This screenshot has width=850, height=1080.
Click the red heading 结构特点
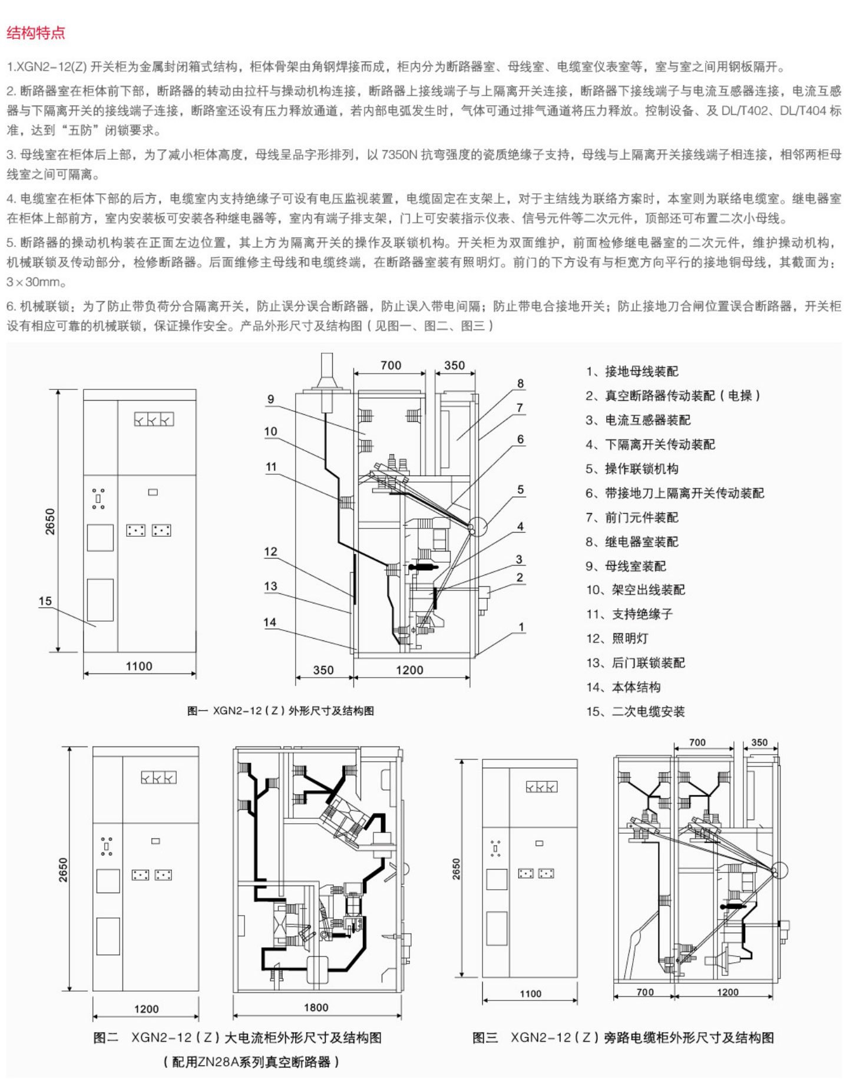pos(36,33)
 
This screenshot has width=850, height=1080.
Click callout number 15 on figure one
pos(45,601)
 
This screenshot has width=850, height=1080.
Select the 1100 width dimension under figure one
pos(139,666)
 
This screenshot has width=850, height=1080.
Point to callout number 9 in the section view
pos(270,399)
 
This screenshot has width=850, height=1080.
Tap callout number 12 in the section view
pos(270,551)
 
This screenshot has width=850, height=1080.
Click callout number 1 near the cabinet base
pos(521,627)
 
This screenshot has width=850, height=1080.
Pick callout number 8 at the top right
pos(520,383)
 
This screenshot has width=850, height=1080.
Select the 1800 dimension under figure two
pos(316,1007)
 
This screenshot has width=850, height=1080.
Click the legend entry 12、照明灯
pos(617,638)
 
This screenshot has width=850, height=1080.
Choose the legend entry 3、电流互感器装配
pos(638,420)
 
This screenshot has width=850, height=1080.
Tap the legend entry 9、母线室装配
pos(626,566)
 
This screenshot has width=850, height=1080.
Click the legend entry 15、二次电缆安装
pos(635,711)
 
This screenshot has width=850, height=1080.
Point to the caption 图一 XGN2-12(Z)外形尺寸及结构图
pos(280,711)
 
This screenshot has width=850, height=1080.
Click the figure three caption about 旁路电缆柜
pos(623,1037)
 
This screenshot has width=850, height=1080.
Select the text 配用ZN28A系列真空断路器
pos(252,1061)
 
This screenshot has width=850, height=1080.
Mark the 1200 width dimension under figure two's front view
pos(146,1008)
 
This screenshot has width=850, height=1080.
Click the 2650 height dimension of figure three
pos(457,869)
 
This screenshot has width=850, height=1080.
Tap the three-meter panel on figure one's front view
pos(154,419)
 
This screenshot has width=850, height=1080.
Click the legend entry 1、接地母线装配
pos(632,371)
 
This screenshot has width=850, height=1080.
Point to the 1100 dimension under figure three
pos(530,993)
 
